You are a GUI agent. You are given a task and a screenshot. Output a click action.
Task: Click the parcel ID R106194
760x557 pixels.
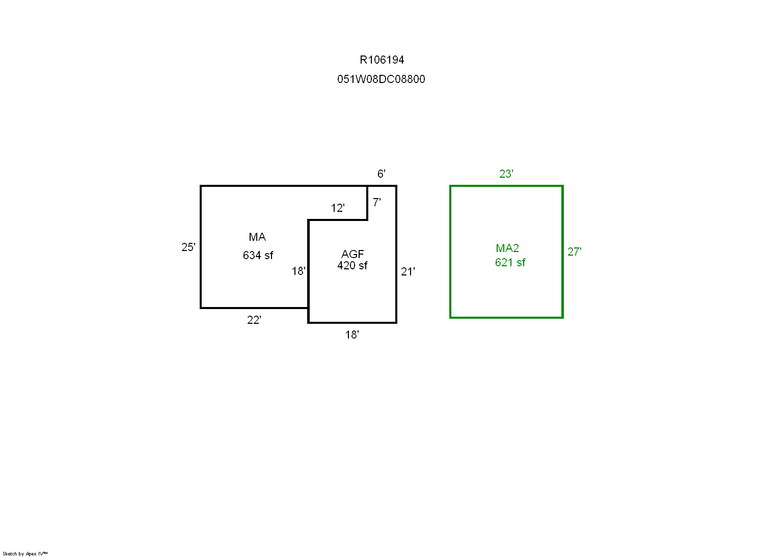[x=382, y=60]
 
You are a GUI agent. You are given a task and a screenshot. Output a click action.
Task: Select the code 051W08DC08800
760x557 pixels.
[x=381, y=79]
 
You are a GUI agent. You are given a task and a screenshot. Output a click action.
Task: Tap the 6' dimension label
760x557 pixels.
[x=382, y=174]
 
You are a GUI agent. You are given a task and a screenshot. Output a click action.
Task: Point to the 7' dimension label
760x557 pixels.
[x=376, y=203]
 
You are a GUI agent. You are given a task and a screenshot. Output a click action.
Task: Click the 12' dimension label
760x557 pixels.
[x=338, y=208]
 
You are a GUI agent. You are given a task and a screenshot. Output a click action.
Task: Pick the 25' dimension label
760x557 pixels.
[x=188, y=247]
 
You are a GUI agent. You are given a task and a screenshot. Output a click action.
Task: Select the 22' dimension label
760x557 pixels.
[x=254, y=320]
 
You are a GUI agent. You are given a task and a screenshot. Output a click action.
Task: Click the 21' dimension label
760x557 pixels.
[x=408, y=272]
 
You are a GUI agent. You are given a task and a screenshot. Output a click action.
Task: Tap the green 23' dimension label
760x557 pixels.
[x=506, y=174]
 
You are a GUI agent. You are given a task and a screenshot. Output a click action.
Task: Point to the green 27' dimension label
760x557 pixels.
[x=575, y=252]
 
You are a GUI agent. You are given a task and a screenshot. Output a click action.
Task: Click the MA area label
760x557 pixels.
[x=257, y=237]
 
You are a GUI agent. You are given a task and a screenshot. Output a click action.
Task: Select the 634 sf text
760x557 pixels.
[x=258, y=256]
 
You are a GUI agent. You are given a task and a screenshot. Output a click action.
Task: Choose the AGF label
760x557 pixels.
[x=352, y=254]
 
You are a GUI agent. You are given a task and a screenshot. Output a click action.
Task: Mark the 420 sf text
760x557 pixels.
[x=352, y=266]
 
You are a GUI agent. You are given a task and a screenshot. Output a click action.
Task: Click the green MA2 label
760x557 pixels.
[x=507, y=248]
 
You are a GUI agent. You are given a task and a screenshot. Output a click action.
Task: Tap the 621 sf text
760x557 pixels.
[x=510, y=263]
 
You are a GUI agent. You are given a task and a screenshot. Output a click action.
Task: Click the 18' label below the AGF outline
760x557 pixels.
[x=352, y=335]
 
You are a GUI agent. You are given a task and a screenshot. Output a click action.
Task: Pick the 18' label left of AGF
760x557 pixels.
[x=298, y=271]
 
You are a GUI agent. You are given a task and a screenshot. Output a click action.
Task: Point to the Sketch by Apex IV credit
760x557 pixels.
[x=25, y=554]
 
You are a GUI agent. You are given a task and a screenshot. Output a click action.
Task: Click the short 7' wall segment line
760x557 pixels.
[x=367, y=203]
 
